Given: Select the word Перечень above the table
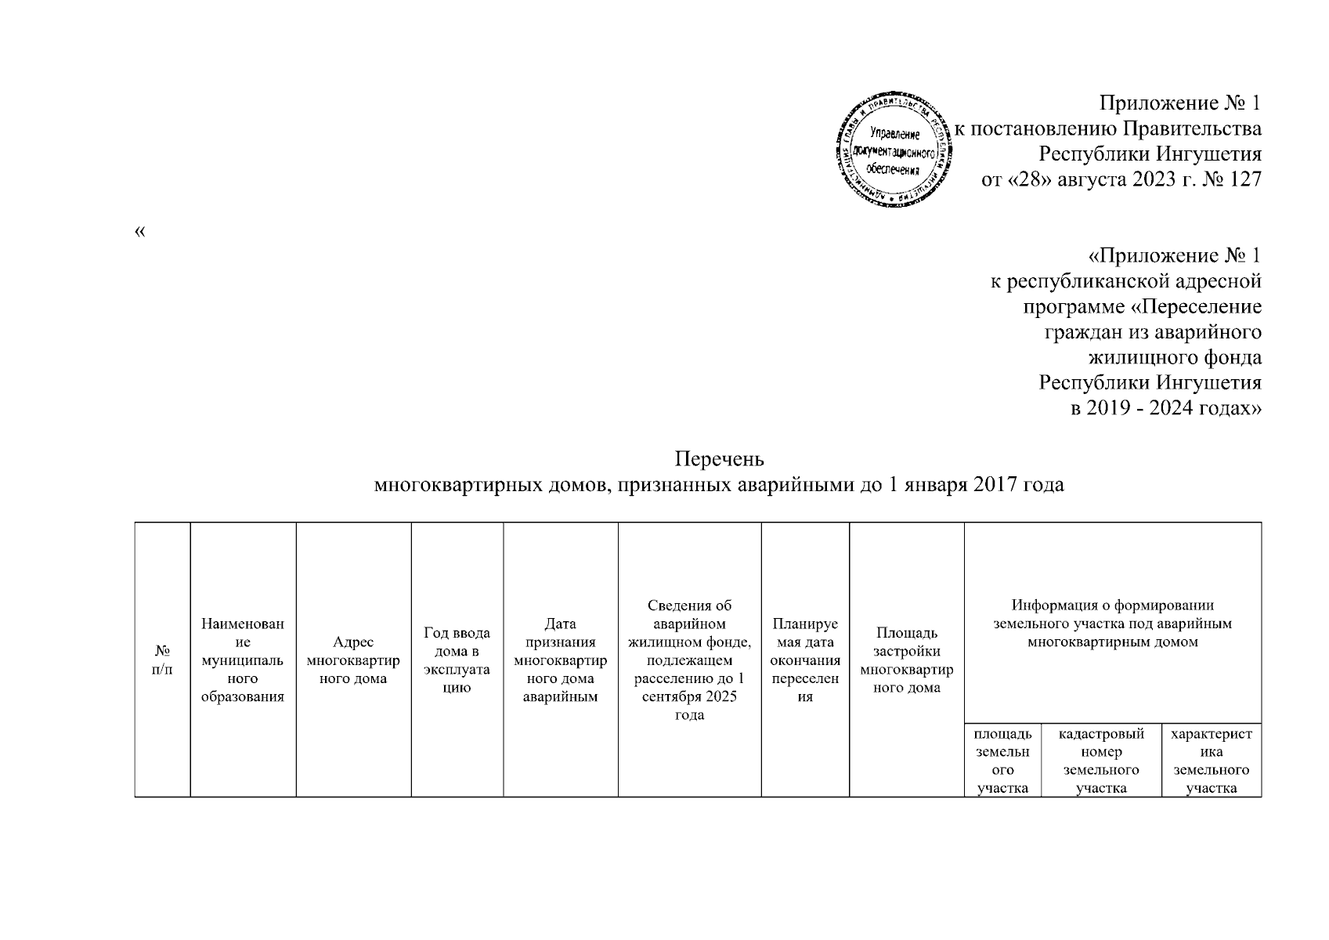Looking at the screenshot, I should click(719, 458).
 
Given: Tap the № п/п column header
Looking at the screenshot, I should click(163, 660).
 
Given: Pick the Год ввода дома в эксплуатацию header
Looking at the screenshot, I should click(457, 660).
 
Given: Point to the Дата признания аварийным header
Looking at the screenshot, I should click(560, 660).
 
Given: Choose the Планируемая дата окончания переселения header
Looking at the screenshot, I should click(804, 660).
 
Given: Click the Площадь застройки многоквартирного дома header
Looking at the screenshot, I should click(906, 660).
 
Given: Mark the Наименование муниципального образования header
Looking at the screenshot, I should click(243, 660).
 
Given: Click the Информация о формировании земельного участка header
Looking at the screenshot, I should click(1112, 624).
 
